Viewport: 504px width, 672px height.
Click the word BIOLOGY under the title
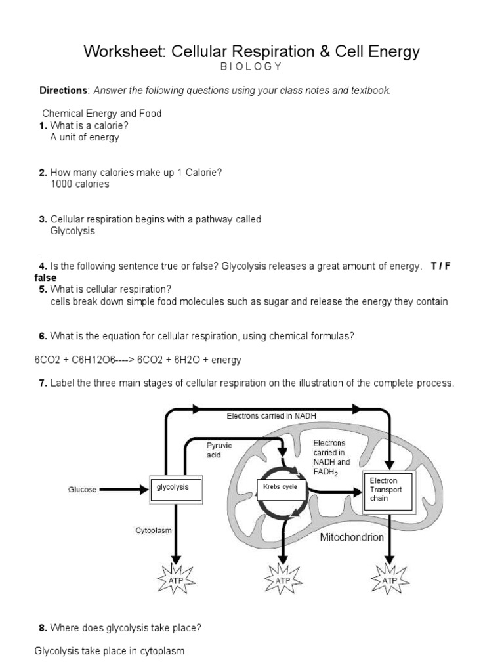coord(251,66)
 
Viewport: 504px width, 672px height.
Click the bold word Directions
coord(64,90)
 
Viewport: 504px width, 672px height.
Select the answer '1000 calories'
coord(79,184)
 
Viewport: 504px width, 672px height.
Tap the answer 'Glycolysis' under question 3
coord(72,231)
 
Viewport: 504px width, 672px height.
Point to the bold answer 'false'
coord(45,278)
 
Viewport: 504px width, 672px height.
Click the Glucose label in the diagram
coord(82,490)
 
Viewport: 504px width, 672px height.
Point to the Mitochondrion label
coord(351,537)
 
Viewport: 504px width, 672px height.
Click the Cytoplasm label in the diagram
coord(154,530)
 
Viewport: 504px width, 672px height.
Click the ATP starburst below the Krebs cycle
coord(282,580)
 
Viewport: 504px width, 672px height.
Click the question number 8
coord(43,628)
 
